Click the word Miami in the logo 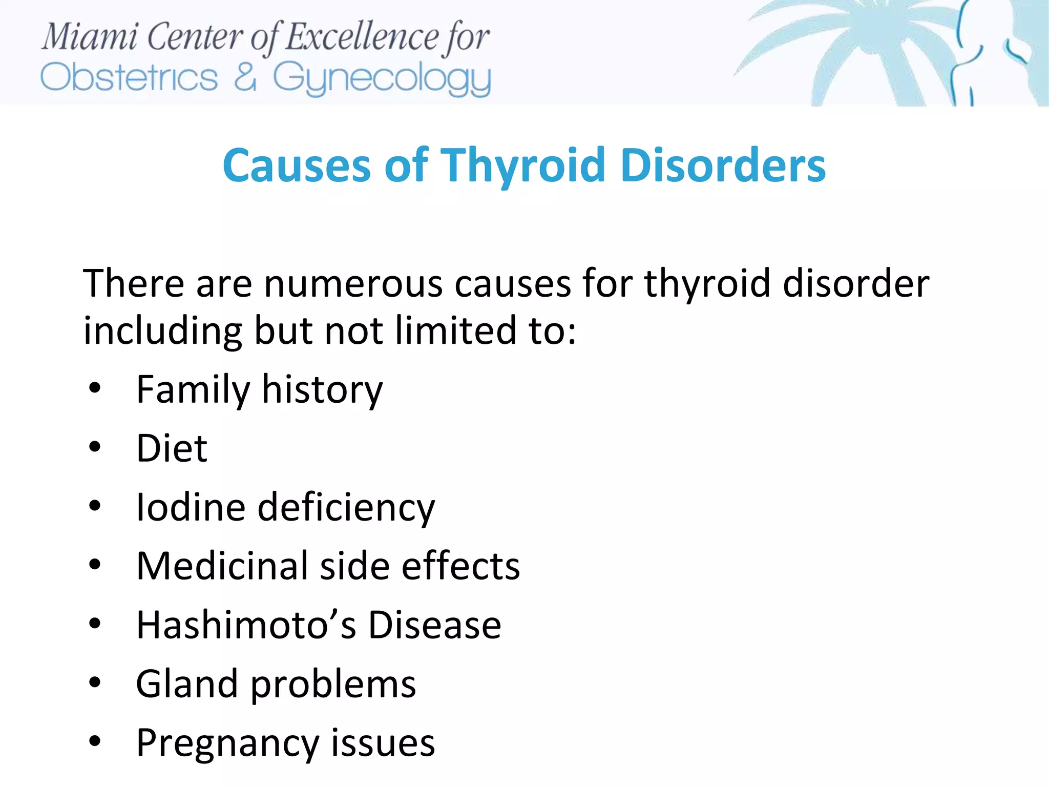[90, 37]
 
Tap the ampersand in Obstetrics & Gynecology [245, 78]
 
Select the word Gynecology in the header [382, 79]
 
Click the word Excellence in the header [361, 37]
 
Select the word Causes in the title [297, 165]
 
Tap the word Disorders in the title [723, 165]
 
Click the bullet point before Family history [95, 388]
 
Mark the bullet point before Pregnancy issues [95, 741]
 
